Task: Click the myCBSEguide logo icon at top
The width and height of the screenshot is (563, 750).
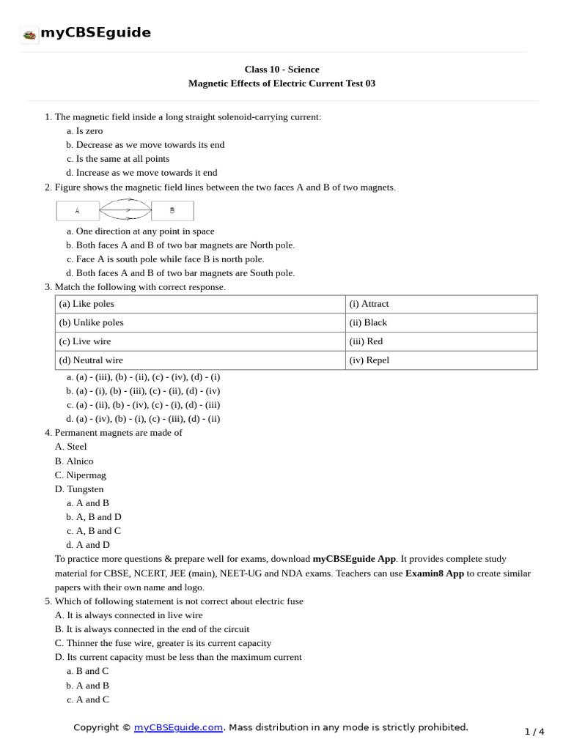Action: pos(29,34)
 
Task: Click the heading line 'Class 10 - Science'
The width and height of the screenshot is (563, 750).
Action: pos(281,69)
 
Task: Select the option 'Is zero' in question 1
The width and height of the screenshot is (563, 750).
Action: pos(89,130)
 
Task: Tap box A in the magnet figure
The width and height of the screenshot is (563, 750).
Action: pos(78,211)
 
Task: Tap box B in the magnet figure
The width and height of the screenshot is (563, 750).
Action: pos(172,211)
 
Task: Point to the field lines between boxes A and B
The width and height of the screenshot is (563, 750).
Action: pos(125,211)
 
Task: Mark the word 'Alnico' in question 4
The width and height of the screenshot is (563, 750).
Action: pos(80,461)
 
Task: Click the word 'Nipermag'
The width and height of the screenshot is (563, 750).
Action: pos(86,475)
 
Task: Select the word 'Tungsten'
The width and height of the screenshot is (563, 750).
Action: pos(85,489)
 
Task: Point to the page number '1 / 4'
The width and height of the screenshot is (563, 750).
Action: pos(535,731)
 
